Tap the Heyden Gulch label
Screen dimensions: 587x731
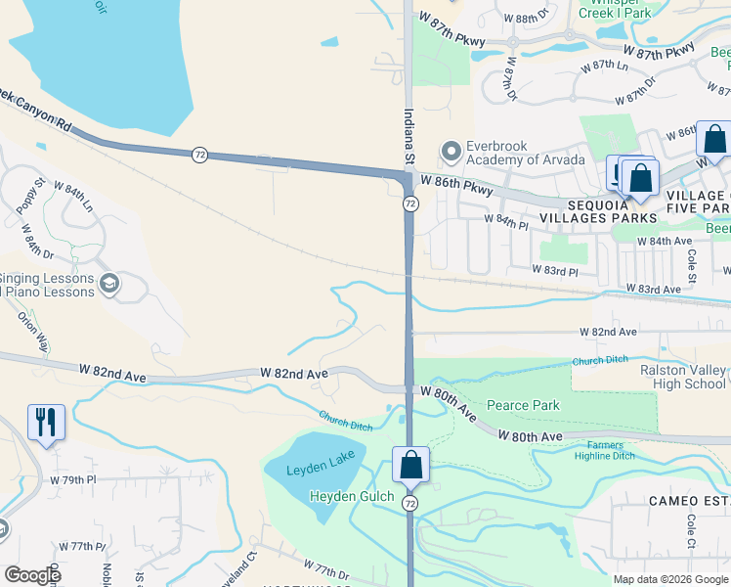(352, 496)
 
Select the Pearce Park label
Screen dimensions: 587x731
(523, 405)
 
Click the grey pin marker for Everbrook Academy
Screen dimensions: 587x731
(451, 153)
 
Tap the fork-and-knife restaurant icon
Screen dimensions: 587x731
(46, 422)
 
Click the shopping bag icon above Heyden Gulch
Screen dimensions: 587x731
(411, 464)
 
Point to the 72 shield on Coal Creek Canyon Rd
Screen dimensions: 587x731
(199, 155)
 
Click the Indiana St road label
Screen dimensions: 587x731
(409, 137)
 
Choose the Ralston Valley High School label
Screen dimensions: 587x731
(683, 377)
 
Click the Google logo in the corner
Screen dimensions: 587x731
(32, 575)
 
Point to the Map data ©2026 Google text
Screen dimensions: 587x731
(669, 579)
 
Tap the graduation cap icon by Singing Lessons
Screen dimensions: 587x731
(109, 285)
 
